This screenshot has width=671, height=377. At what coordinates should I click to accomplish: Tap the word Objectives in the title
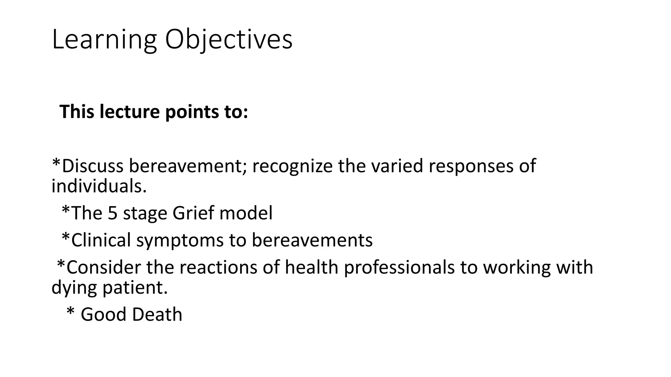229,40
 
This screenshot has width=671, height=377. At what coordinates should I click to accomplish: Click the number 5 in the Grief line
112,213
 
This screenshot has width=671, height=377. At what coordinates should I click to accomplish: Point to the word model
246,213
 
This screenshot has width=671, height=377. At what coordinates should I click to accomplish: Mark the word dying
74,288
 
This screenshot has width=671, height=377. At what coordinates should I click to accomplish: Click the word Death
157,314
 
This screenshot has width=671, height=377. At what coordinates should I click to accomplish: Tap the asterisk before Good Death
70,312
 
